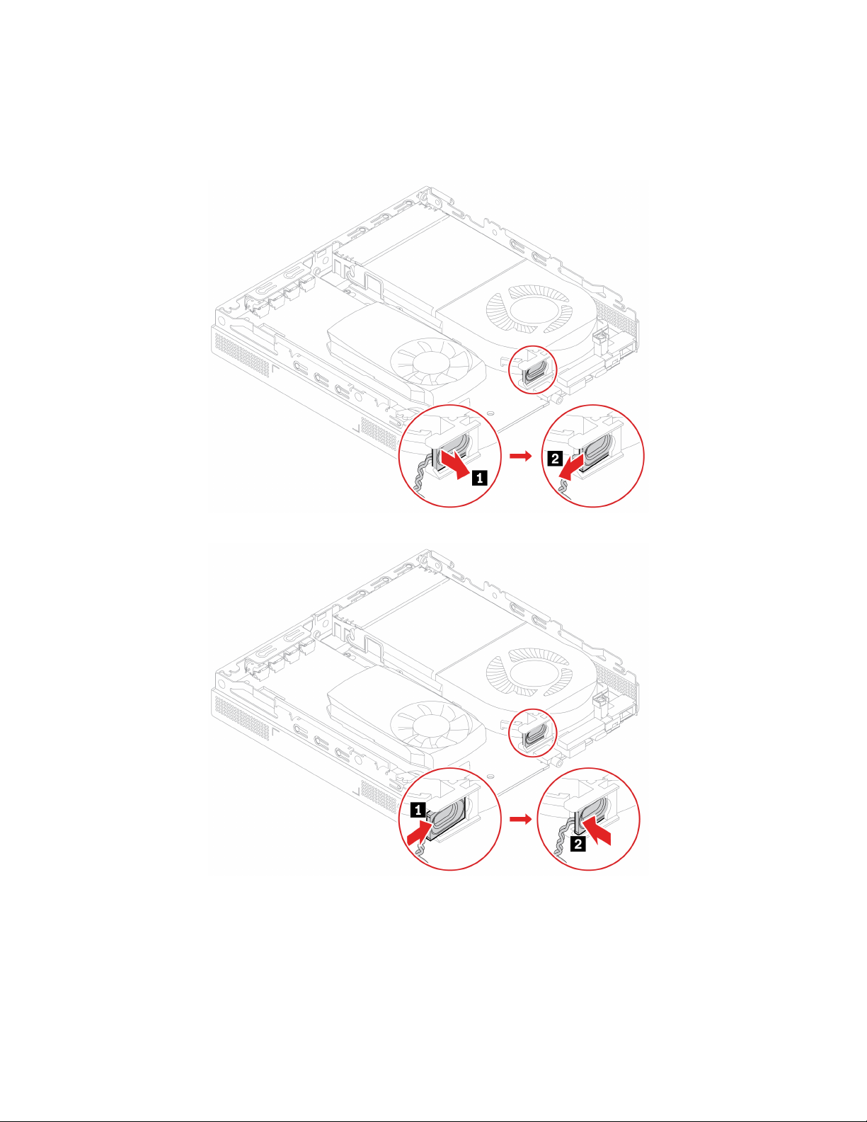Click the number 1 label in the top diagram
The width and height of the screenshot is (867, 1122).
(x=479, y=479)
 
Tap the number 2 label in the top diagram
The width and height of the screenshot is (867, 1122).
(x=556, y=459)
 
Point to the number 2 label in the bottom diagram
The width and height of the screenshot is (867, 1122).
(x=579, y=844)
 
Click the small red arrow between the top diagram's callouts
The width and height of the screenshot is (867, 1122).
(x=520, y=457)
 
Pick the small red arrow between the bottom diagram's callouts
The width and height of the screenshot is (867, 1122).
(x=520, y=819)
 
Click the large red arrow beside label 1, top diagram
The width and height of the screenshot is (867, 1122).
(x=454, y=464)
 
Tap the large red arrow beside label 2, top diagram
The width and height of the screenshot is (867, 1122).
(x=572, y=467)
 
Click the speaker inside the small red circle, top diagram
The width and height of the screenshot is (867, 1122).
(x=536, y=369)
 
